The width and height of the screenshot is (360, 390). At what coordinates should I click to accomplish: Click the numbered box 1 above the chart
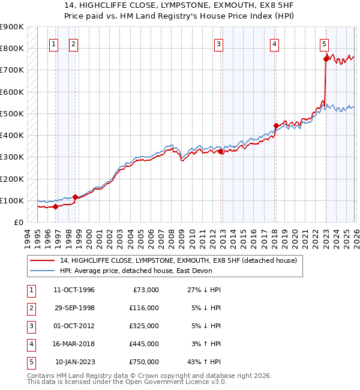54,43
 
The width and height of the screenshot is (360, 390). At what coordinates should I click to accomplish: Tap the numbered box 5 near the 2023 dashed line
324,43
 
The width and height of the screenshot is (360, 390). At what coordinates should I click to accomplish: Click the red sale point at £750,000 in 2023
326,58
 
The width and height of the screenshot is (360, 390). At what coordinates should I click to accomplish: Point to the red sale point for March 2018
276,125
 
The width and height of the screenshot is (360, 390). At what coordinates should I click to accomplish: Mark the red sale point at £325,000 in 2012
220,152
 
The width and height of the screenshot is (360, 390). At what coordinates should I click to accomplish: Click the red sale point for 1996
55,206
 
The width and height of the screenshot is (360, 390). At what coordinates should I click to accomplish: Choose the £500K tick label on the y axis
11,113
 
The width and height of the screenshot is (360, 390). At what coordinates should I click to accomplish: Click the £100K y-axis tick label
11,200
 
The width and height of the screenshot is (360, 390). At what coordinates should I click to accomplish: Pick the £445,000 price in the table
145,344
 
